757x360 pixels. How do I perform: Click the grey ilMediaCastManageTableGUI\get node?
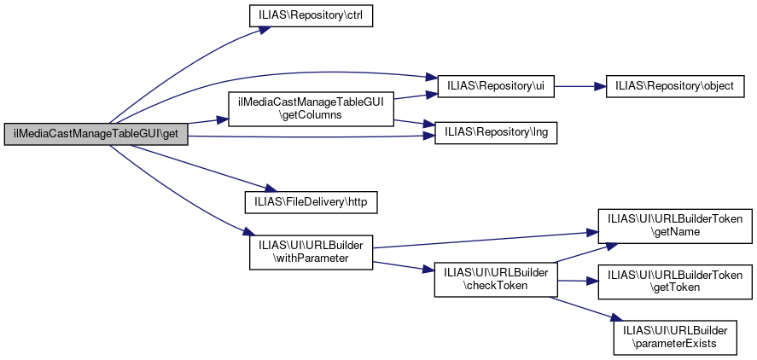click(96, 134)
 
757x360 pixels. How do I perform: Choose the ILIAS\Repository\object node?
click(675, 86)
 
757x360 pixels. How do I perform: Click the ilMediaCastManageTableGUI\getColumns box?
click(311, 108)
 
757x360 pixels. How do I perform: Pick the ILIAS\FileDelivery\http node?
click(311, 202)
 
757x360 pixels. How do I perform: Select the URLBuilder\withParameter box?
click(311, 252)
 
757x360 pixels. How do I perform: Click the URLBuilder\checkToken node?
click(496, 279)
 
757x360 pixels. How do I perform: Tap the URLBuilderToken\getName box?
click(675, 224)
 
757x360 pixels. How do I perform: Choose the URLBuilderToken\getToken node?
click(675, 281)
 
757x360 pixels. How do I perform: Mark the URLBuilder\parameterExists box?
click(675, 336)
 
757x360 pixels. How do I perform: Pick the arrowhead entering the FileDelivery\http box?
click(265, 191)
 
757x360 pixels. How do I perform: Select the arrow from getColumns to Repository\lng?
click(414, 123)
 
